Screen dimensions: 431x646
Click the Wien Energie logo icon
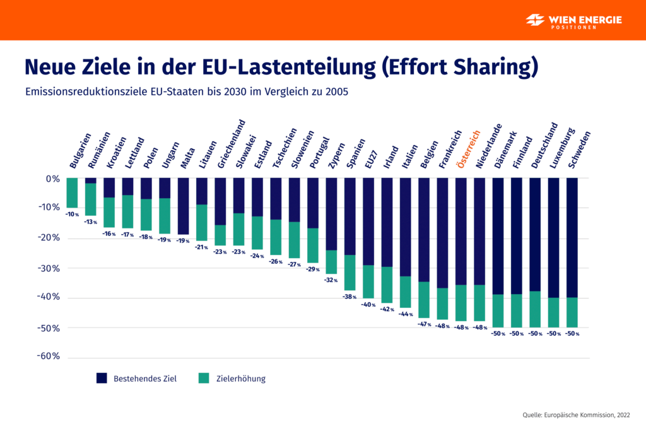pos(536,20)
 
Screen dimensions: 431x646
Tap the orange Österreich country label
pos(468,149)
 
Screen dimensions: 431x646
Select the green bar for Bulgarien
pos(72,192)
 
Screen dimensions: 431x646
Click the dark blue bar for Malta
pos(183,206)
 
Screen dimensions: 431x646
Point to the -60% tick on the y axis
pos(48,356)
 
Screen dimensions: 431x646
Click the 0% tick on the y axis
pos(52,179)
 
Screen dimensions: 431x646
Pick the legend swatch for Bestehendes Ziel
pos(102,379)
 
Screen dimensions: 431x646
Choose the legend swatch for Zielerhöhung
pos(203,379)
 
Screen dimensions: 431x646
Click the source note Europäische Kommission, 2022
pos(576,415)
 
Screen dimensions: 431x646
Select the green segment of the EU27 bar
pos(368,281)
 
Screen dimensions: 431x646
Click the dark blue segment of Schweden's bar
pos(572,237)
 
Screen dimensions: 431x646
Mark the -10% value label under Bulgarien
pos(73,214)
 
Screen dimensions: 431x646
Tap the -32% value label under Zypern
pos(331,280)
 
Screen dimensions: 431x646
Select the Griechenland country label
pos(230,144)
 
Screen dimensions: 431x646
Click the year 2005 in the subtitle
pos(337,92)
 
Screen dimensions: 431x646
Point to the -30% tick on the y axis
pos(48,268)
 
